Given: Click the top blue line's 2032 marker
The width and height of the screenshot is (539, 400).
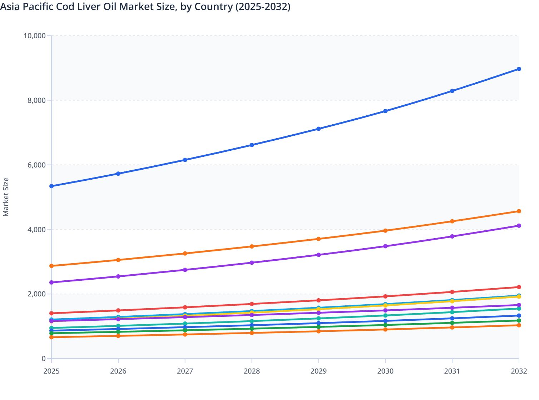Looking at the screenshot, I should [x=519, y=69].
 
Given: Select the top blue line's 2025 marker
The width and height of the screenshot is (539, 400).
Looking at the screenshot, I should [x=51, y=186].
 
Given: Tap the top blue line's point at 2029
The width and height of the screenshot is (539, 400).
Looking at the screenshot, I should [x=318, y=129].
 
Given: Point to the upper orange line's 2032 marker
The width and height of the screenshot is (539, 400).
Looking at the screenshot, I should [x=519, y=211].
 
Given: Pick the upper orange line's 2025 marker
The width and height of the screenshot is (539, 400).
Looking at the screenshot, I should [x=51, y=266].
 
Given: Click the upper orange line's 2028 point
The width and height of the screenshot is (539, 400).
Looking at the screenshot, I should [x=252, y=246].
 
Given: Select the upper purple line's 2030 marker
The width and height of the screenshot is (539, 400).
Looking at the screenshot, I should [x=385, y=246].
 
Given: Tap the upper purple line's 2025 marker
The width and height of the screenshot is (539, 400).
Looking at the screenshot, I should [x=51, y=282].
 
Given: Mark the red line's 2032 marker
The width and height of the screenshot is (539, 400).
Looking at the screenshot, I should [x=519, y=287].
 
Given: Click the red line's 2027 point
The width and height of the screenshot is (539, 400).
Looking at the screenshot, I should [x=185, y=307].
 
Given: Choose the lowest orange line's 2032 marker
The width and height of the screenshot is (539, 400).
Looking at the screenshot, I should [x=519, y=325].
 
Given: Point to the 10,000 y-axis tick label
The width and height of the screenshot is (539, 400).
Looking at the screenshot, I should [x=34, y=36].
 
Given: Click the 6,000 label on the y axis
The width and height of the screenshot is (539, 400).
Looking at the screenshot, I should [x=36, y=165].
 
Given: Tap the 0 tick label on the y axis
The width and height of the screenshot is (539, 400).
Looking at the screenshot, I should [x=44, y=359].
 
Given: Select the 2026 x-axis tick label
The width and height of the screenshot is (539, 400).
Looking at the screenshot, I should [x=118, y=371].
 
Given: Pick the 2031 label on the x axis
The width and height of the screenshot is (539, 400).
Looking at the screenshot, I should [x=452, y=371].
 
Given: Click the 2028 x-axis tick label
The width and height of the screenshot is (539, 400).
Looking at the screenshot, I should [x=252, y=371].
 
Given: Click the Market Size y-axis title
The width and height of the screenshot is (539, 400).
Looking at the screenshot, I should [x=6, y=197].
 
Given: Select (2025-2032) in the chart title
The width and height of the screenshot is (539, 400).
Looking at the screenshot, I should [x=263, y=6].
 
